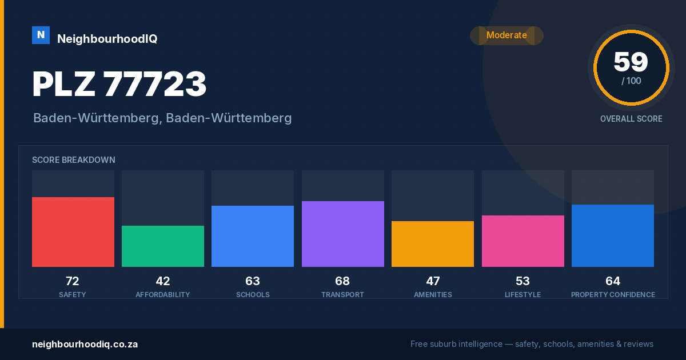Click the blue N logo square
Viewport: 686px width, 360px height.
41,35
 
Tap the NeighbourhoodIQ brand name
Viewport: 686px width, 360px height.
107,39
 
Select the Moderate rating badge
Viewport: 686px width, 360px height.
506,35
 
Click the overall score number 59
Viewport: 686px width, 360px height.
631,62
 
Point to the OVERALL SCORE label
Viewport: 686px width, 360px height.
631,119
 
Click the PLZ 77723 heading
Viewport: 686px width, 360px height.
119,83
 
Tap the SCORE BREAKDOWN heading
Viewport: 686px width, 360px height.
74,160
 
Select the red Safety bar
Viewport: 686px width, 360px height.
73,232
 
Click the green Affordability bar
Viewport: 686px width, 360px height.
163,246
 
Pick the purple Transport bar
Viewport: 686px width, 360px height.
343,234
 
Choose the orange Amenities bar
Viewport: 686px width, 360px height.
433,244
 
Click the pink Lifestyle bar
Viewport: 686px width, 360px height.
523,241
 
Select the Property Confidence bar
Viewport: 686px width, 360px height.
613,235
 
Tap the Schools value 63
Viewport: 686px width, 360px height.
253,281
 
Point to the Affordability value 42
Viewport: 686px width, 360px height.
163,281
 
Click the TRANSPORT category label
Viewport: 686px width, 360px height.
342,294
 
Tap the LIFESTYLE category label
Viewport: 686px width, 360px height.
523,294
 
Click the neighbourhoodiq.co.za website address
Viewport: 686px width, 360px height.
85,345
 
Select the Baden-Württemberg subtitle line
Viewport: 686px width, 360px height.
162,118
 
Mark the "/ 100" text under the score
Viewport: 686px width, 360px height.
631,81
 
